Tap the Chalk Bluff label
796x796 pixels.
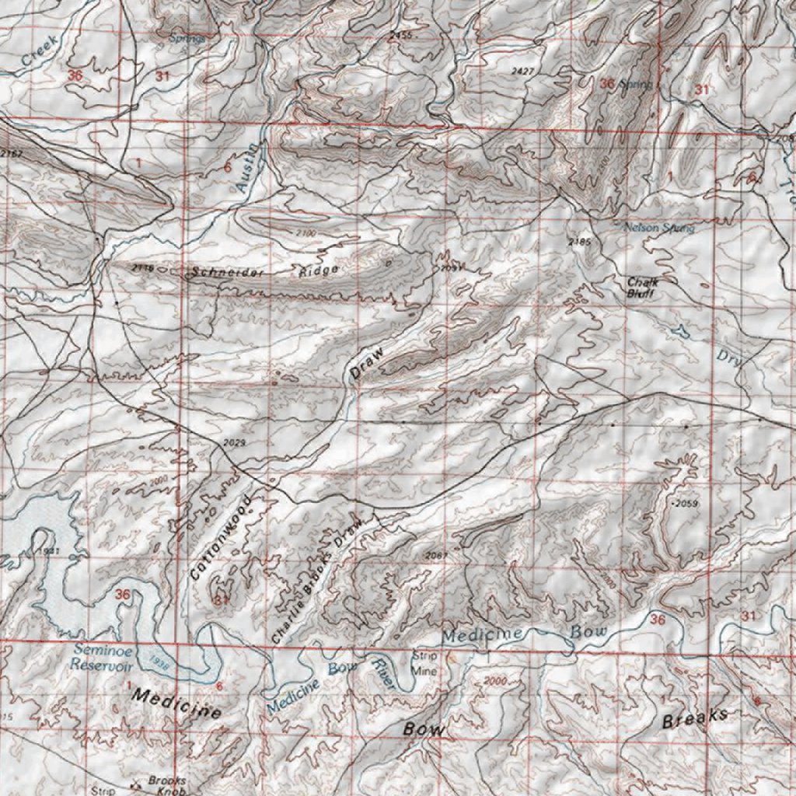(643, 288)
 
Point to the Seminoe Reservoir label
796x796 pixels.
(102, 658)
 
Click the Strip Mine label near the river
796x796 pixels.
(424, 663)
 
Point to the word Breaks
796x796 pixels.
(695, 718)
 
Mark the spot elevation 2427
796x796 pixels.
(524, 71)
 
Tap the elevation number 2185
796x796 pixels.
(580, 243)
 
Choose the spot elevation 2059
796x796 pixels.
(686, 504)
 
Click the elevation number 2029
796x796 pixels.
(233, 442)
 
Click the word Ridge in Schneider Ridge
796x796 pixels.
(319, 271)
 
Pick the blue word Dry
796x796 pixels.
(729, 358)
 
